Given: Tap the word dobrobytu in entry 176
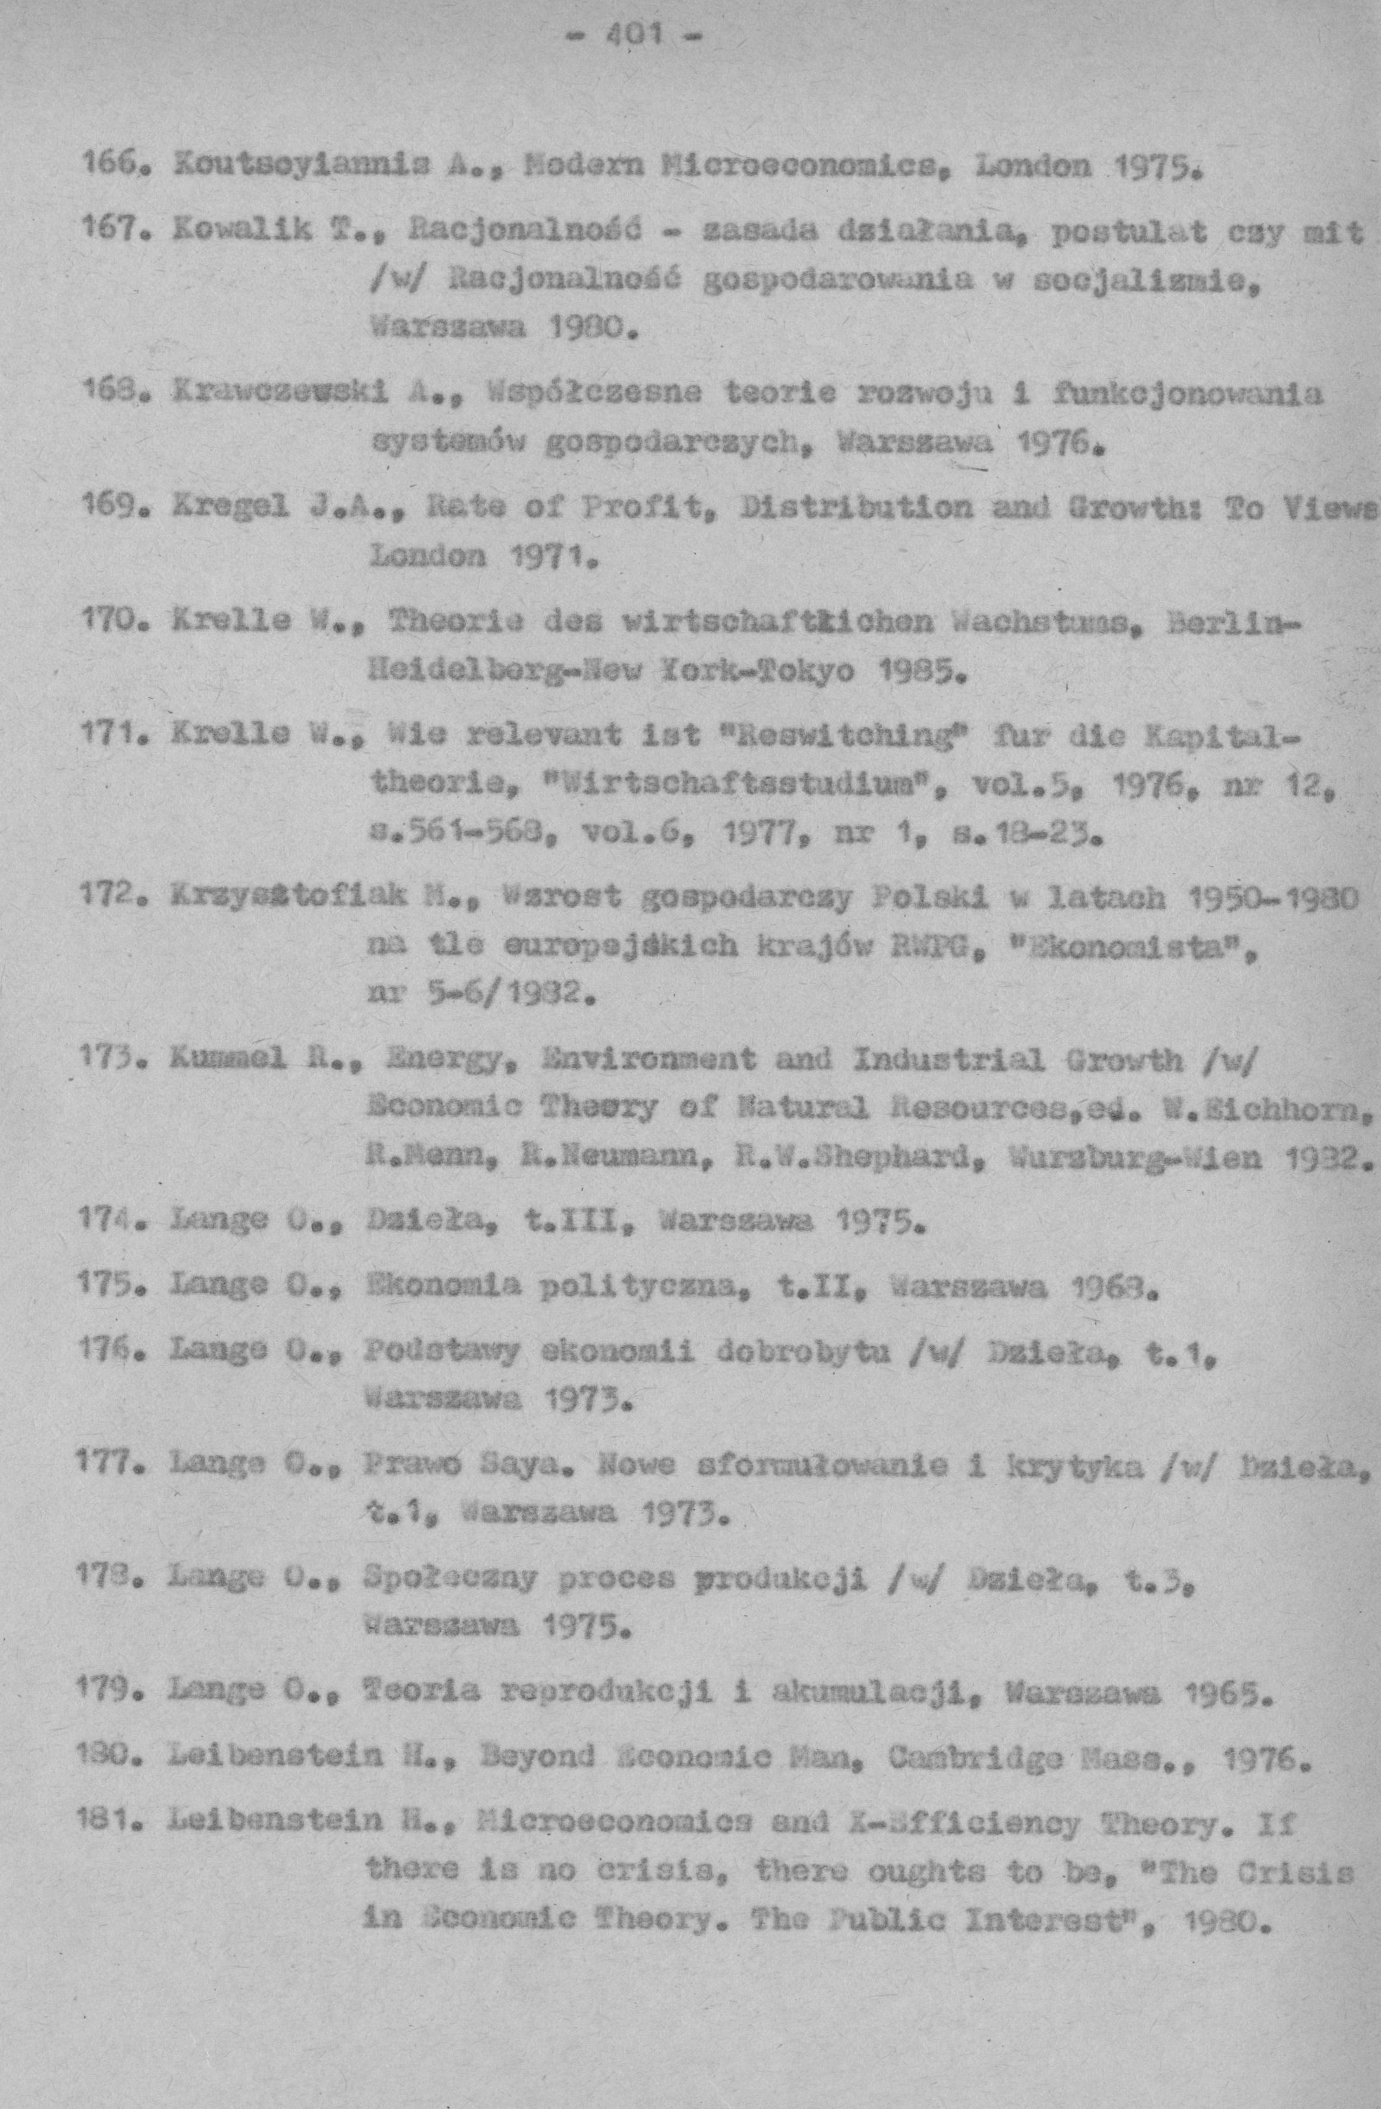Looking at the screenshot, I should [x=831, y=1353].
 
